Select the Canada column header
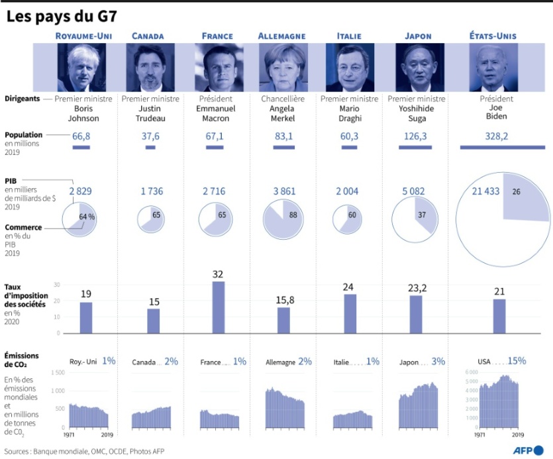pyautogui.click(x=148, y=36)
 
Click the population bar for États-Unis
pyautogui.click(x=503, y=147)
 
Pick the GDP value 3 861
pyautogui.click(x=283, y=191)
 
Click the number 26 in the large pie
pyautogui.click(x=515, y=192)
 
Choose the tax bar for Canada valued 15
pyautogui.click(x=154, y=321)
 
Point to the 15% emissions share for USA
pyautogui.click(x=517, y=361)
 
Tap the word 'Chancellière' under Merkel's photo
pyautogui.click(x=283, y=99)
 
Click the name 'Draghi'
pyautogui.click(x=349, y=119)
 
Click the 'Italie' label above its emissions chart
pyautogui.click(x=342, y=362)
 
